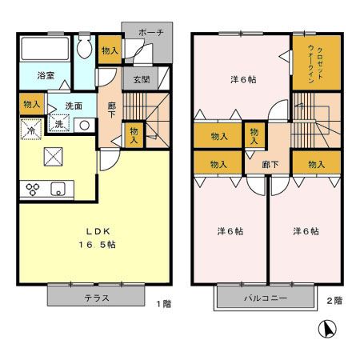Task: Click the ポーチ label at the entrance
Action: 150,33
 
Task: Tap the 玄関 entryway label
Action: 141,78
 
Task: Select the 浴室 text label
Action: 46,76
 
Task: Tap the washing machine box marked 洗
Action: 59,123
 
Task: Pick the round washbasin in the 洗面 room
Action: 83,125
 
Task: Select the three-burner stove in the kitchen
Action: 34,190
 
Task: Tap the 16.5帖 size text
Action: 96,245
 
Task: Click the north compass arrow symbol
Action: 326,330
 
